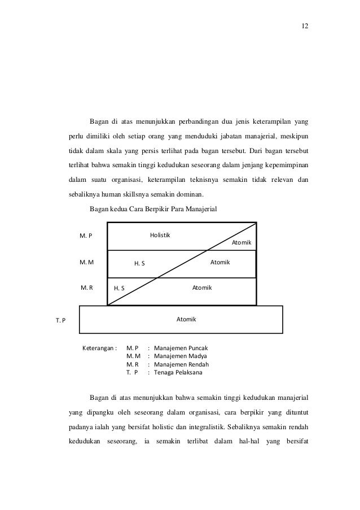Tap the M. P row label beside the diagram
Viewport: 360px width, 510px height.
point(86,236)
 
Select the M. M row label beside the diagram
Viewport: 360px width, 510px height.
point(86,262)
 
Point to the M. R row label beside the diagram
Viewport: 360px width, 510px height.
point(86,287)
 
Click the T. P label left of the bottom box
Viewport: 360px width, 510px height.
point(60,321)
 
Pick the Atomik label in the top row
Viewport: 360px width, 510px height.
point(242,242)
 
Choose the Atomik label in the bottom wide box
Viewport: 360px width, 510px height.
point(186,319)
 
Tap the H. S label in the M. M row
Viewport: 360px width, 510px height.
point(139,263)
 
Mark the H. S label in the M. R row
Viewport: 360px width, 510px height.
point(119,289)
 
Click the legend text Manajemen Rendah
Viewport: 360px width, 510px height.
point(181,364)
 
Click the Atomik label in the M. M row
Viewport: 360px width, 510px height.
point(220,262)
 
